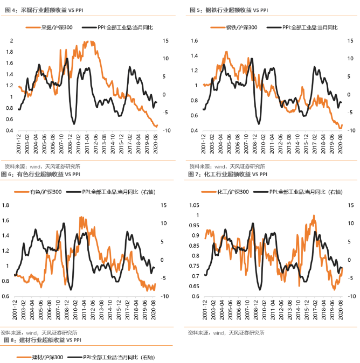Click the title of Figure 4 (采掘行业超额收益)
(45, 10)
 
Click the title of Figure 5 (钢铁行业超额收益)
(229, 10)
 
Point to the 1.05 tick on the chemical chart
(193, 205)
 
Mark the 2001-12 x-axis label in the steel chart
(204, 144)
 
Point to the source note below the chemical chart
(226, 333)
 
